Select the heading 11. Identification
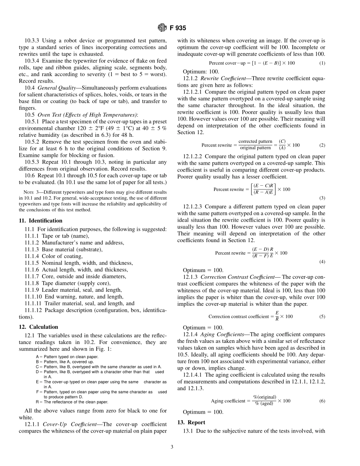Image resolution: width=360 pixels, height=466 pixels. [x=41, y=220]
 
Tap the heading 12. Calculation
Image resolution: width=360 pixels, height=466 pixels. [x=38, y=327]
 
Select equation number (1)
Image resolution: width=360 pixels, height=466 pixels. [x=322, y=63]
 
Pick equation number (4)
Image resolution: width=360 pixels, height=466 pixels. [x=322, y=261]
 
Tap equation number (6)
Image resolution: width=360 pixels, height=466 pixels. [x=322, y=401]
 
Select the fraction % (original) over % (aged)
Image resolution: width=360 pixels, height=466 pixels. [x=265, y=401]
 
